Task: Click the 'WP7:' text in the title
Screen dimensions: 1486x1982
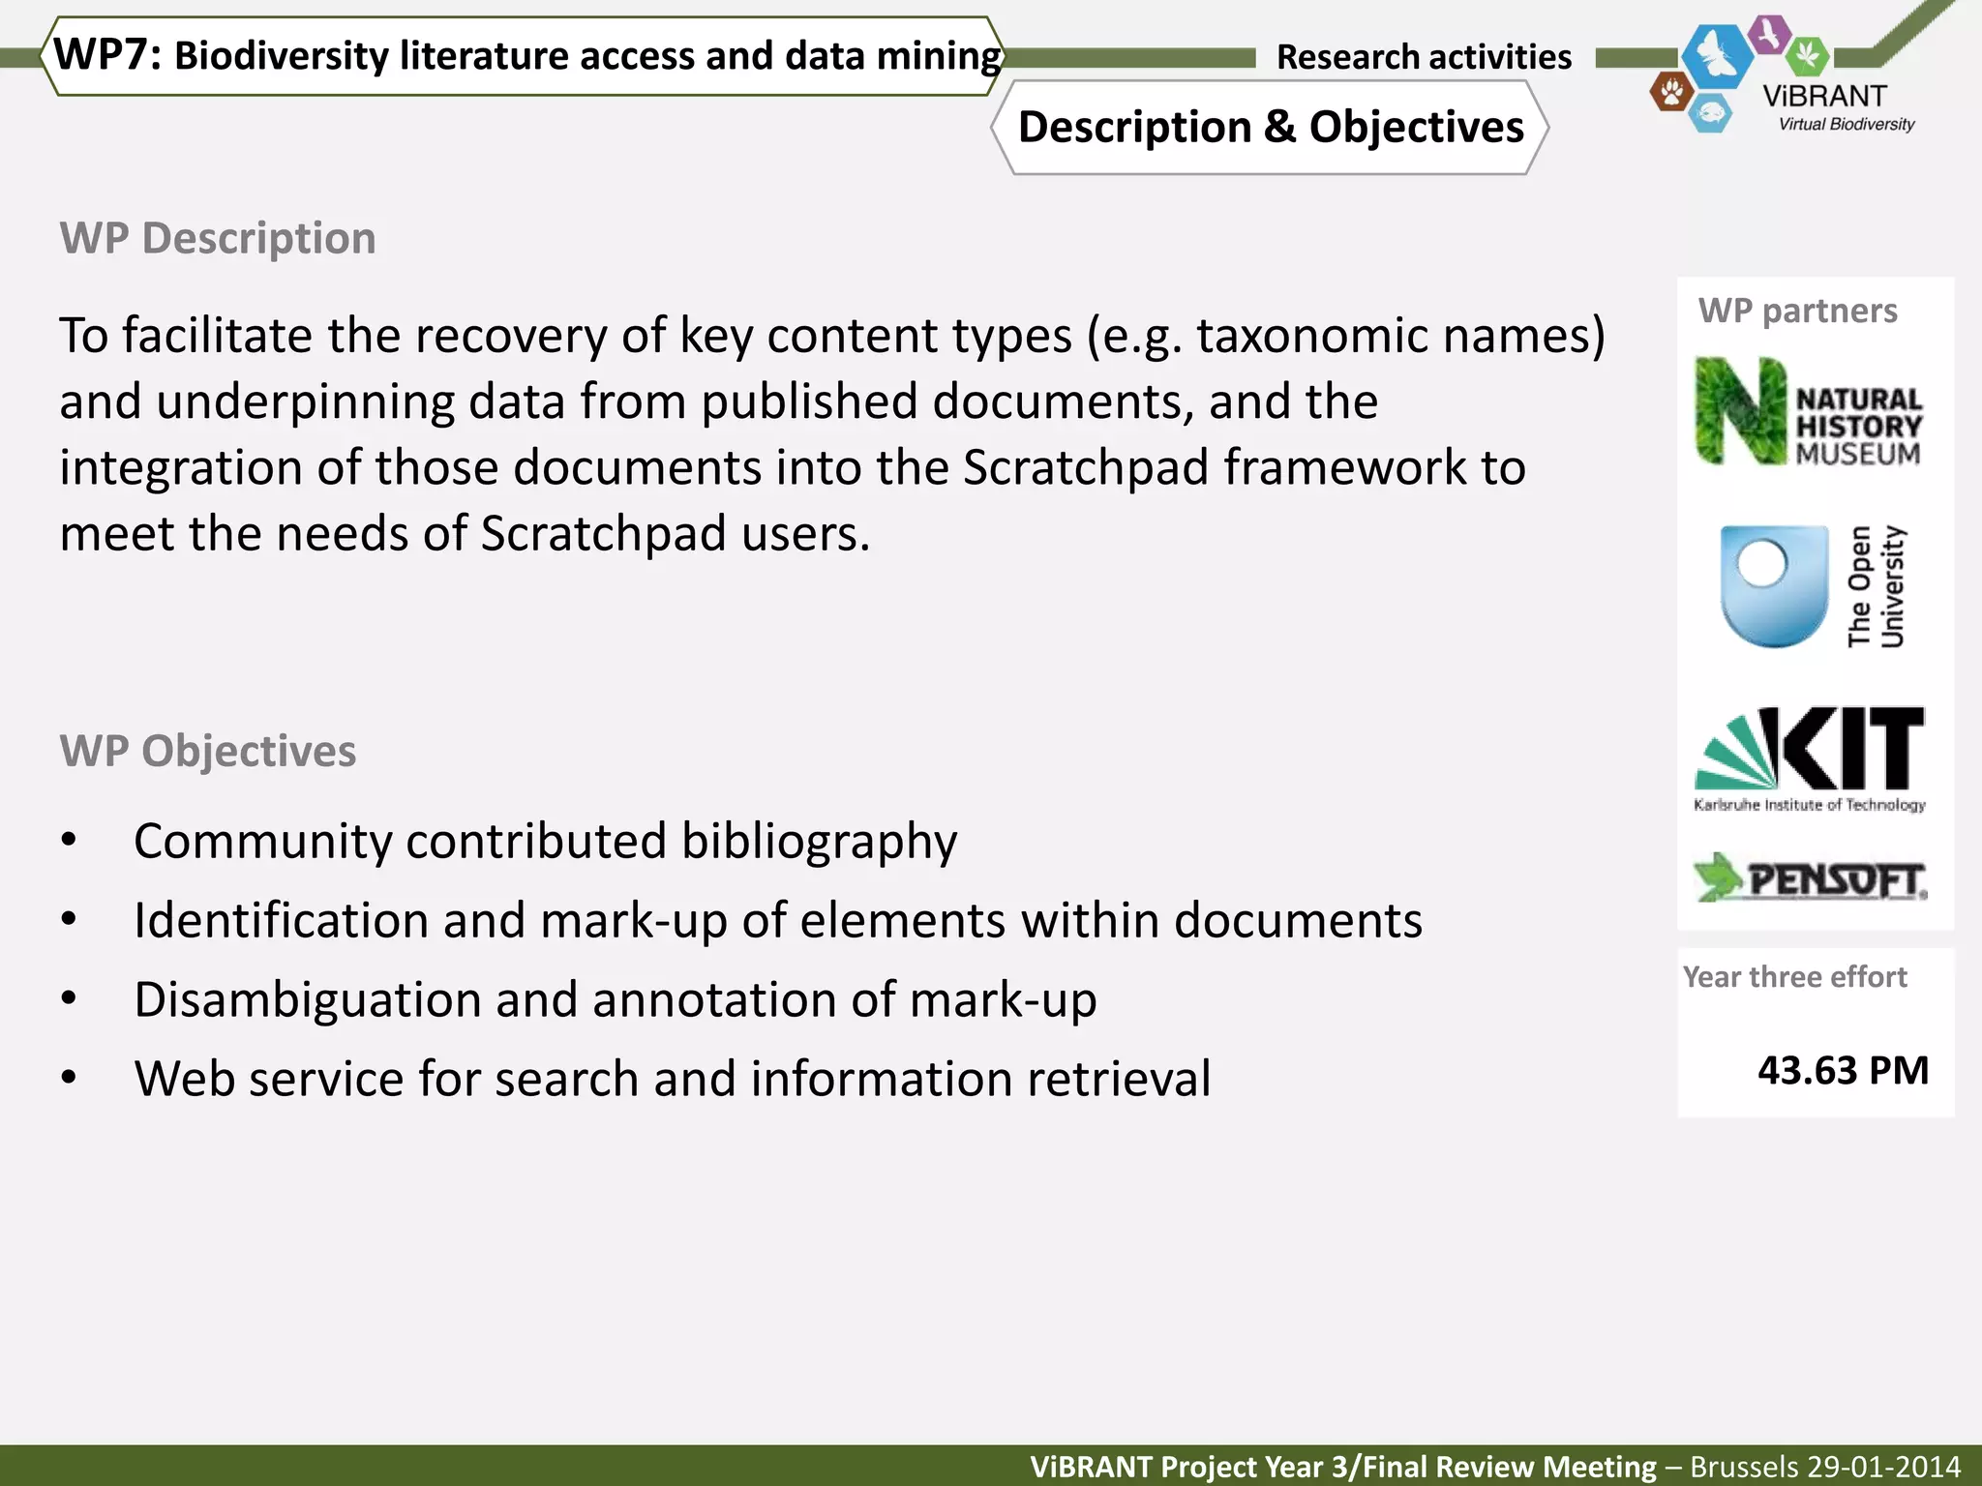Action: point(107,54)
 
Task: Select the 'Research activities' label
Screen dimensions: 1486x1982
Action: point(1424,57)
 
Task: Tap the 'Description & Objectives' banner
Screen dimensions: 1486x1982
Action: point(1270,128)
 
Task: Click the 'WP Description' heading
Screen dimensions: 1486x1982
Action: point(218,238)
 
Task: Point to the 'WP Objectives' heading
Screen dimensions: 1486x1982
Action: point(208,752)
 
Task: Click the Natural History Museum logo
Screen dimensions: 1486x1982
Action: point(1808,412)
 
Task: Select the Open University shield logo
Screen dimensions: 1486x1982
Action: point(1774,586)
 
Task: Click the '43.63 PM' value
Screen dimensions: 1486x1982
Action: point(1843,1071)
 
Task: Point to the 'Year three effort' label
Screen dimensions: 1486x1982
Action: point(1794,977)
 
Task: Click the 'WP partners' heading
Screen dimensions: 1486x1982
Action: point(1797,311)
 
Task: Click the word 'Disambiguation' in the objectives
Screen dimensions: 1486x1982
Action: point(307,1000)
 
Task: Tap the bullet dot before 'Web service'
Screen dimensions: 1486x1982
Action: point(68,1077)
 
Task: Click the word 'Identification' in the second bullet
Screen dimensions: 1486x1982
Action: point(281,920)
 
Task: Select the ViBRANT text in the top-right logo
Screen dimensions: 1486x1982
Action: point(1824,97)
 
